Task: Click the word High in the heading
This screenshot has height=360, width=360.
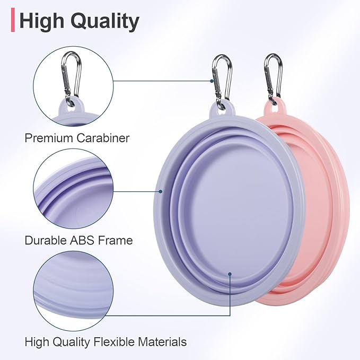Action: point(42,21)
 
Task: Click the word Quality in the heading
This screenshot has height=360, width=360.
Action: point(106,21)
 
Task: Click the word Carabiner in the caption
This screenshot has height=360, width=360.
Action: point(103,138)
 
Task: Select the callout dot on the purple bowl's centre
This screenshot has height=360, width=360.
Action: point(230,274)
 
